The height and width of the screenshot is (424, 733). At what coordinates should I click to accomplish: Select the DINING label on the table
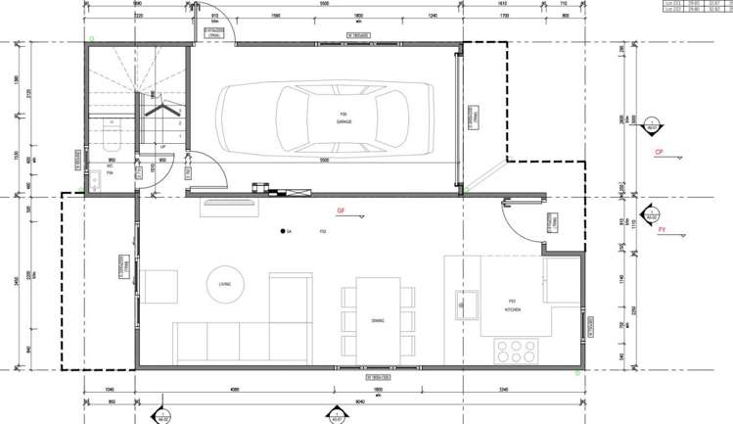[378, 320]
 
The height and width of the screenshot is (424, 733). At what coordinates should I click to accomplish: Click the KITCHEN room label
[512, 308]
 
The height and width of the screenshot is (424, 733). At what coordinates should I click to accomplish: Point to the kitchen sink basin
[465, 305]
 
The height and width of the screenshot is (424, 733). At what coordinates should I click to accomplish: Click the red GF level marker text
[342, 211]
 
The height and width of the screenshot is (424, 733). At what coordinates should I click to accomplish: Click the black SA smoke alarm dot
[281, 231]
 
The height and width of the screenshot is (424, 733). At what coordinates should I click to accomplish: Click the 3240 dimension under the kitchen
[503, 390]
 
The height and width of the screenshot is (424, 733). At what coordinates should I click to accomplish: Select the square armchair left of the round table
[160, 286]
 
